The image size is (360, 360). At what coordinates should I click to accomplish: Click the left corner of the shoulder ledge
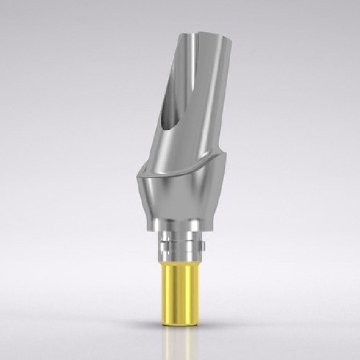(x=135, y=175)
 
